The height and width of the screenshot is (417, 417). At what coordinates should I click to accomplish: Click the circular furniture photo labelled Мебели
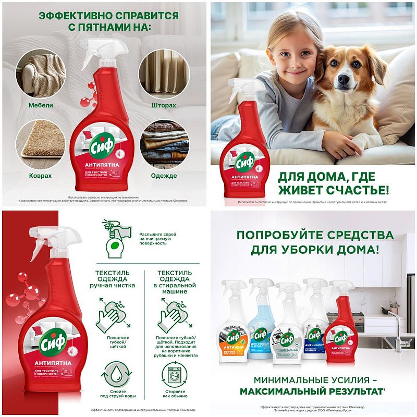click(41, 73)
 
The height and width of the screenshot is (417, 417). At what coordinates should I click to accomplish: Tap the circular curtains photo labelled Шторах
click(166, 73)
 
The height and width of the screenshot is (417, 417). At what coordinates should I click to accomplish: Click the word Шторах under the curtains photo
click(166, 106)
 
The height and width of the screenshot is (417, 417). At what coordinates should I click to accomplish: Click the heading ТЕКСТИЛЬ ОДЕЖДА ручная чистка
click(116, 278)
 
